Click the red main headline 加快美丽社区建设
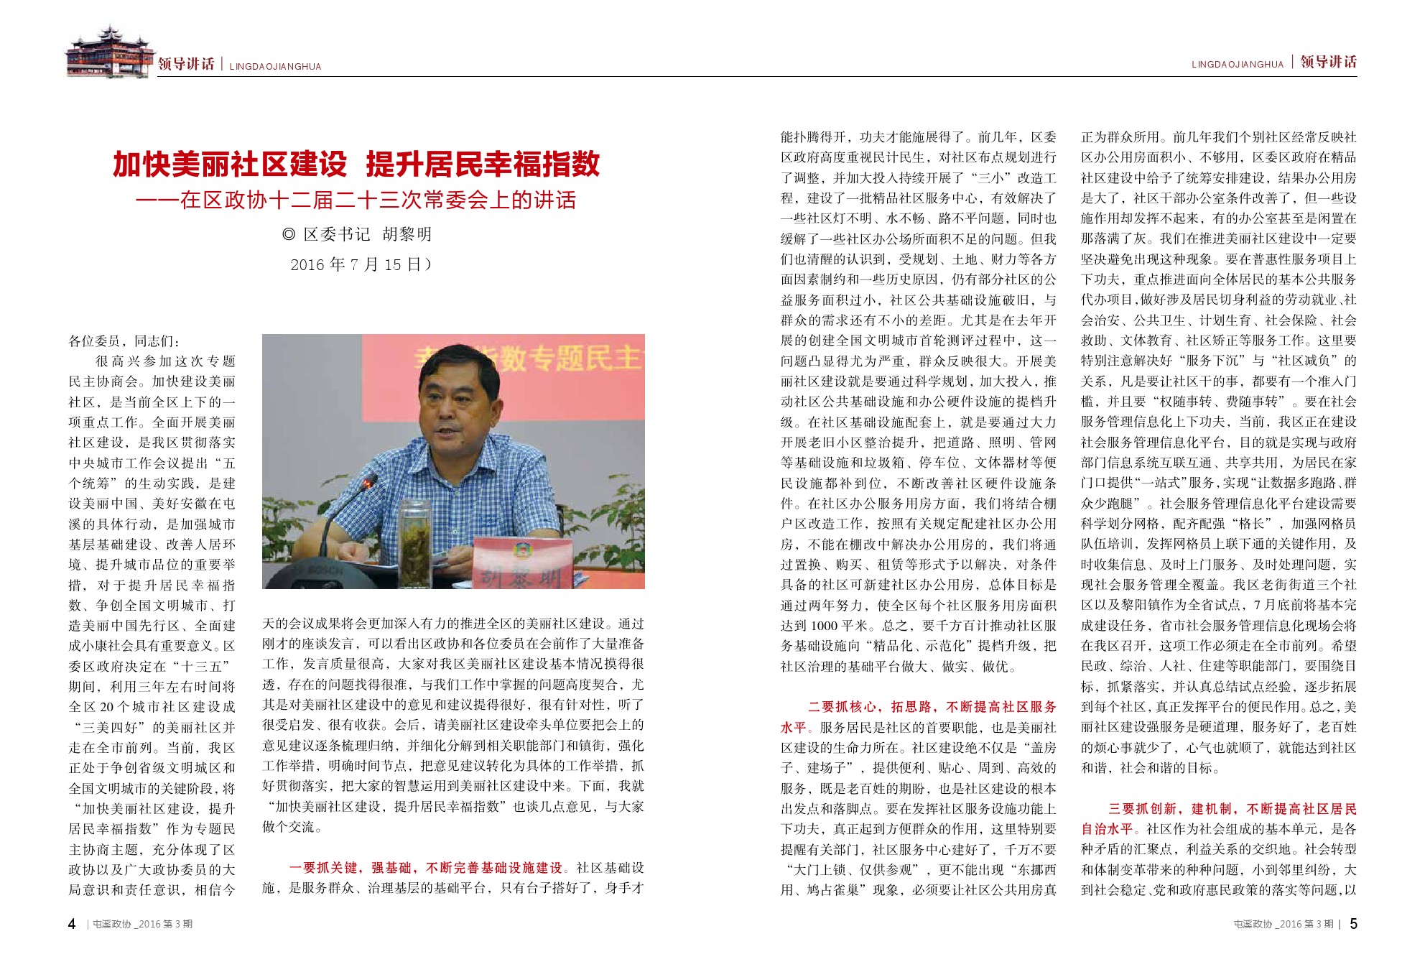click(x=230, y=165)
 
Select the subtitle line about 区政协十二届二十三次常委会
click(x=356, y=200)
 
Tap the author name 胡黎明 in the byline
click(x=407, y=235)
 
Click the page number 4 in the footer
click(x=72, y=924)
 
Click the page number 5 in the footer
click(x=1353, y=924)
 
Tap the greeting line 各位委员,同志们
click(x=125, y=341)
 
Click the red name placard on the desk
click(x=523, y=563)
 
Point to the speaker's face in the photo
click(x=455, y=410)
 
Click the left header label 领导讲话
click(x=186, y=64)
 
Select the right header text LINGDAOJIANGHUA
click(x=1237, y=65)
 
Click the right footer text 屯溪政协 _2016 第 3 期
click(x=1283, y=925)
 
